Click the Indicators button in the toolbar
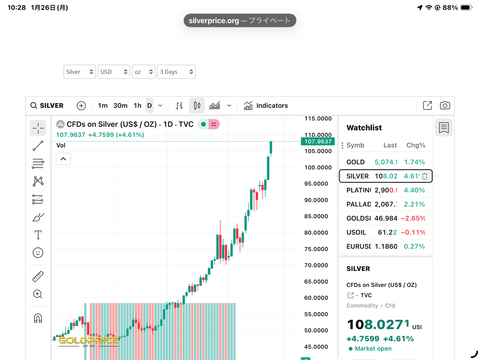coord(266,106)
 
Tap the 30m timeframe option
coord(120,106)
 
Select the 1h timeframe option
coord(138,106)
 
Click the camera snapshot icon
coord(445,105)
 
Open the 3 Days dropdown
coord(176,72)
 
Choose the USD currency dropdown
coord(114,72)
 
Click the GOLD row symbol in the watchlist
coord(355,162)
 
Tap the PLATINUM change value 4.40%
coord(414,190)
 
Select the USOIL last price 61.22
coord(387,232)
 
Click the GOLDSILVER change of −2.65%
coord(413,218)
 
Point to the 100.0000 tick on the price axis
coord(318,168)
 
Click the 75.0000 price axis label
coord(316,249)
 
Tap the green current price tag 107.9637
coord(318,141)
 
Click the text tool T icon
coord(38,235)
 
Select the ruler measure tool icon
coord(38,276)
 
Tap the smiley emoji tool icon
coord(38,253)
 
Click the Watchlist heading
coord(364,128)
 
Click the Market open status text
coord(373,349)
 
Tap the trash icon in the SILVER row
coord(424,176)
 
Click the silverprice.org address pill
coord(240,21)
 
